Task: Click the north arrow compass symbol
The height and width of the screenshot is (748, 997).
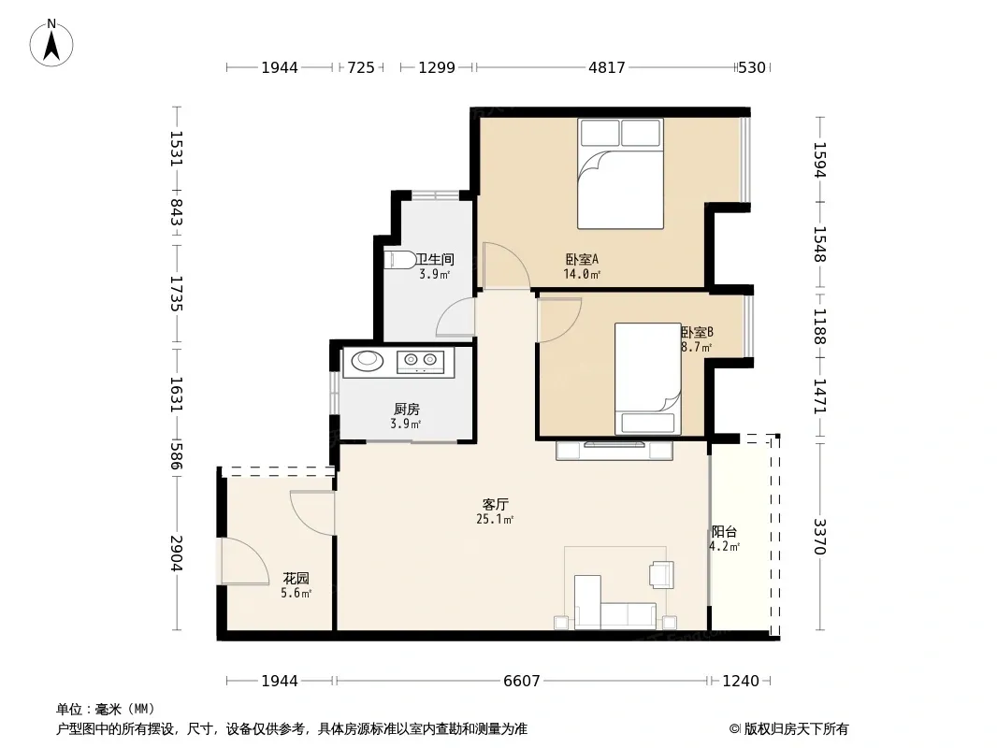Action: point(51,42)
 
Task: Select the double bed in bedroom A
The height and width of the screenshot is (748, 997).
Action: point(620,174)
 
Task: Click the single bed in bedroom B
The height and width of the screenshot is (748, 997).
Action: point(647,379)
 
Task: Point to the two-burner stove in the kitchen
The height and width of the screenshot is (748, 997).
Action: point(420,361)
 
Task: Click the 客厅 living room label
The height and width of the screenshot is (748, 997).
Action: point(495,505)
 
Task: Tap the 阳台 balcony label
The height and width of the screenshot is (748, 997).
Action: point(724,532)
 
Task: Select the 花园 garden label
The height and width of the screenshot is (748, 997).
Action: point(296,579)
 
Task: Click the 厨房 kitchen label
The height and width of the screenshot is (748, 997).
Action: point(406,410)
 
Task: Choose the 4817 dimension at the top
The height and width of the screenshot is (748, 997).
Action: point(607,67)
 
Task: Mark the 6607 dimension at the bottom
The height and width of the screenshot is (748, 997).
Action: point(521,682)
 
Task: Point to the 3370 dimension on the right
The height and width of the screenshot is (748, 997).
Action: point(820,537)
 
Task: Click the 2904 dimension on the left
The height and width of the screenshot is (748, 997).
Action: point(176,553)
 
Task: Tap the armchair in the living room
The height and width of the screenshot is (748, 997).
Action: point(661,574)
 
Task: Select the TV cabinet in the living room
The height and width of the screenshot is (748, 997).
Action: point(614,450)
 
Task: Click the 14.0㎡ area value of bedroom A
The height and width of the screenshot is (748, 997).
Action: point(582,275)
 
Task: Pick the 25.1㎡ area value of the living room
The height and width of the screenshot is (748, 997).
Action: point(495,519)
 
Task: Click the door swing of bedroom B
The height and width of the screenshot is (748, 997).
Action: point(559,321)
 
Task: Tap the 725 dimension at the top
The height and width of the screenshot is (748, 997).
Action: point(361,67)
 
